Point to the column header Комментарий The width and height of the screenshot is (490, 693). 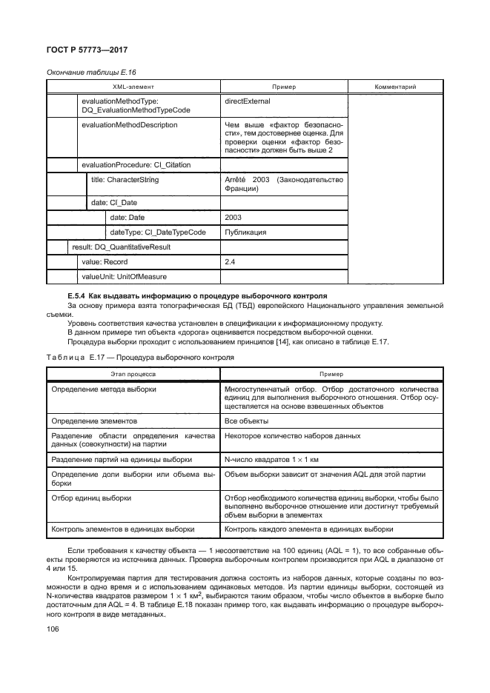394,87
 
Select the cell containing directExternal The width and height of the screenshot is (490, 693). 247,99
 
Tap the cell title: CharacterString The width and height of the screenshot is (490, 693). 124,179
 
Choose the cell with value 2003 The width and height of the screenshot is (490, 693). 232,218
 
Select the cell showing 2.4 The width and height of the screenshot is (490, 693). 229,261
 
